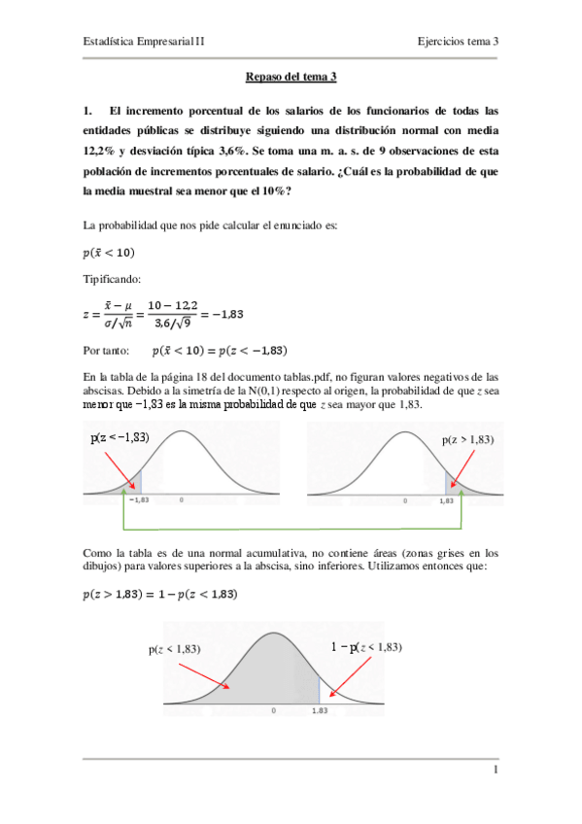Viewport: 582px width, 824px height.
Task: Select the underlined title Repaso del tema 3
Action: tap(291, 76)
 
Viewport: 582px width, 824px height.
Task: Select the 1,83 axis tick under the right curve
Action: tap(446, 501)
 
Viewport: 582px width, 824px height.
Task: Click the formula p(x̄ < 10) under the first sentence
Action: tap(110, 253)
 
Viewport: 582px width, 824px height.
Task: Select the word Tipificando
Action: tap(113, 279)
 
